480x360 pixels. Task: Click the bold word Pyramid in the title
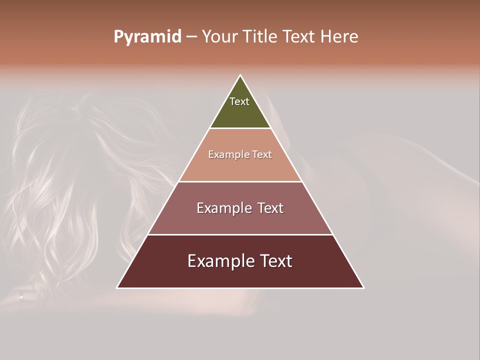[x=147, y=37]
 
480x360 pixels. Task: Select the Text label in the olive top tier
[x=239, y=101]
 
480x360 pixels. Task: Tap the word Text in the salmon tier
[x=261, y=155]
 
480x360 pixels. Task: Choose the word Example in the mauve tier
[x=223, y=208]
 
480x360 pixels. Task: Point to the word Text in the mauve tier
[x=270, y=208]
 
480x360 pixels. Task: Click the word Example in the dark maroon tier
[x=220, y=261]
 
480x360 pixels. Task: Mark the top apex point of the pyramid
[x=240, y=75]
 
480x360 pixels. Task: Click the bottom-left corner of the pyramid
[x=117, y=287]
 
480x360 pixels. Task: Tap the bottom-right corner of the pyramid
[x=363, y=287]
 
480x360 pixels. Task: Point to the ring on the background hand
[x=20, y=296]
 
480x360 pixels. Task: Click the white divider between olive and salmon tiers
[x=240, y=128]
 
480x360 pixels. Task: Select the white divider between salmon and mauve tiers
[x=240, y=181]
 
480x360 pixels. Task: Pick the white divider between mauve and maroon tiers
[x=240, y=234]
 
